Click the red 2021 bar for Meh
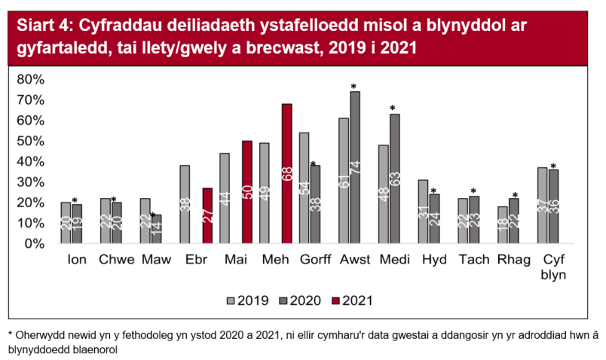tap(286, 173)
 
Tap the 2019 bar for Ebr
tap(185, 204)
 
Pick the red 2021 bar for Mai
tap(247, 192)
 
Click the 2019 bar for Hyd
tap(422, 212)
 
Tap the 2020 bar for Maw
tap(156, 229)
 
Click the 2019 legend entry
tap(248, 300)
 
